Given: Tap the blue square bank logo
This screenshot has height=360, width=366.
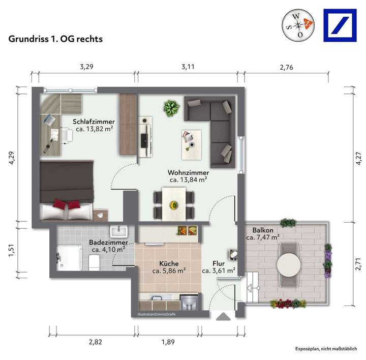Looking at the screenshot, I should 343,24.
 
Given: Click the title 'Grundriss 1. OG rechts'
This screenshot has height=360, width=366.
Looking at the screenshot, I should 56,39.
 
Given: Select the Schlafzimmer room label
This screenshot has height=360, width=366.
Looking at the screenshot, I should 94,122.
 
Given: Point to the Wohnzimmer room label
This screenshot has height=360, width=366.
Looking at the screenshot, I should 188,172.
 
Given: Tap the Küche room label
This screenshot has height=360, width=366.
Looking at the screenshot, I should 168,263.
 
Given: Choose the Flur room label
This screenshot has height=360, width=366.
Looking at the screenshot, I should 219,263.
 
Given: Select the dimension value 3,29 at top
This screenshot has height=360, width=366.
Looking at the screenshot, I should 87,67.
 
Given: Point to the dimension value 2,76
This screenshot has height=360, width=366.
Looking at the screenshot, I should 287,67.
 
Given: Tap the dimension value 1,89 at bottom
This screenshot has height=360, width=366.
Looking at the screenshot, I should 168,342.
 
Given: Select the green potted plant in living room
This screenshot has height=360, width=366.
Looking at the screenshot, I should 171,108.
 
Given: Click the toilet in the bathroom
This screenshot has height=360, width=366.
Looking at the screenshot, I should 94,262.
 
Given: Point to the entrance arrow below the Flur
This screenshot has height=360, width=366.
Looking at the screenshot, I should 223,317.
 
